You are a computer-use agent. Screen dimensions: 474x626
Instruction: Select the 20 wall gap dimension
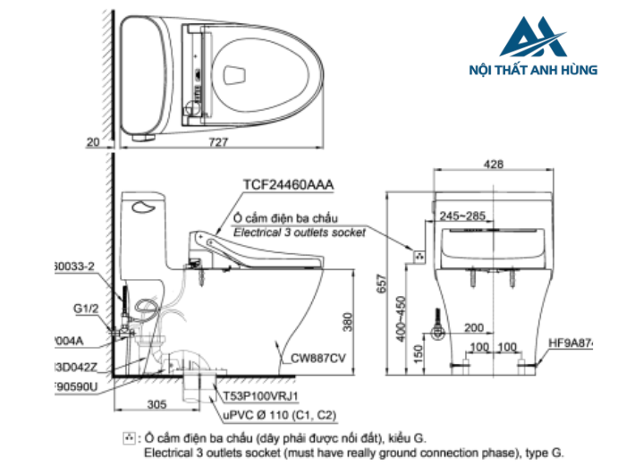click(x=95, y=141)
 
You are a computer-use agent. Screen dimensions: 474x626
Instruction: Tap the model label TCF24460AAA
click(x=288, y=185)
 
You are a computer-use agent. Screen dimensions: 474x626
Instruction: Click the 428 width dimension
click(x=492, y=164)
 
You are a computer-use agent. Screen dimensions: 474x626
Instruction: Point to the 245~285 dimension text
click(x=462, y=216)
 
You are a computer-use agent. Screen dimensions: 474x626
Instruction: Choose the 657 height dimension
click(x=382, y=282)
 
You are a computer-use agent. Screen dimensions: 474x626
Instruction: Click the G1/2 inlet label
click(x=86, y=309)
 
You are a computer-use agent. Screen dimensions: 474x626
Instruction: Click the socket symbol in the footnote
click(x=131, y=437)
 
